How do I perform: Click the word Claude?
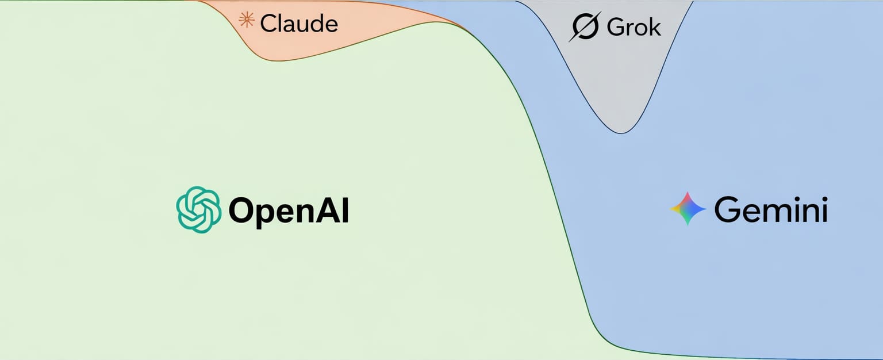(299, 24)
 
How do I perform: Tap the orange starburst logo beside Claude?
(247, 21)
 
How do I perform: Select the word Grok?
(634, 27)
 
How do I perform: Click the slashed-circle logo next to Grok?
(585, 27)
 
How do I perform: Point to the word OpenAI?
(289, 212)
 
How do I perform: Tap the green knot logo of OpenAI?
(198, 210)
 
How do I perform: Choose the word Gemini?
(770, 210)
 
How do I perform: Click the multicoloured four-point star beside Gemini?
(688, 208)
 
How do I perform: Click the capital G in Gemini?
(727, 210)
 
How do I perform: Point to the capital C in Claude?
(268, 24)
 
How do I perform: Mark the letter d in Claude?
(317, 23)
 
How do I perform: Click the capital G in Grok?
(616, 27)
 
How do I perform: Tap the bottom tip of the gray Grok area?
(621, 133)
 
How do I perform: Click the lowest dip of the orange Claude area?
(282, 60)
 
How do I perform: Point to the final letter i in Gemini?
(824, 210)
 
